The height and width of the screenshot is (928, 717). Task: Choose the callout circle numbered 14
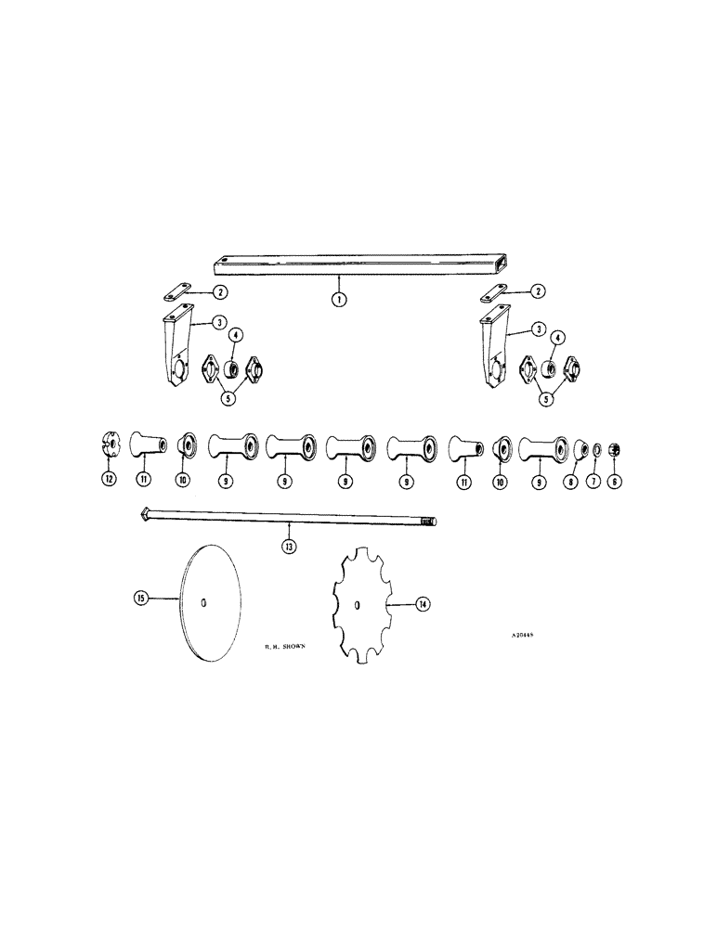[x=423, y=604]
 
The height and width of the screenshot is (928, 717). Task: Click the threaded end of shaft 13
[x=429, y=522]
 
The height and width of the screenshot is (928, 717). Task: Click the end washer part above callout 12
[x=111, y=446]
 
